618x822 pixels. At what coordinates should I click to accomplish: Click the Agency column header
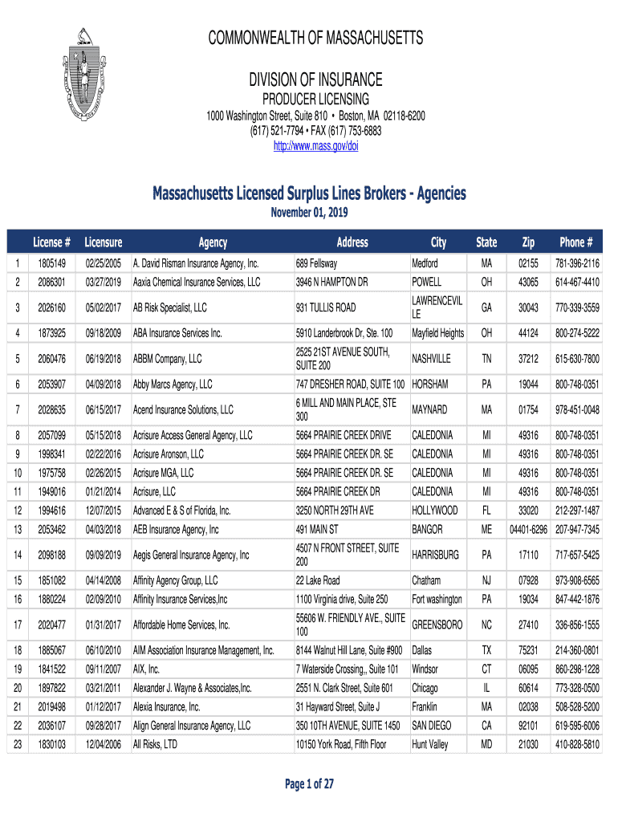coord(213,242)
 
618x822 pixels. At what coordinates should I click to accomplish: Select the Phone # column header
coord(576,242)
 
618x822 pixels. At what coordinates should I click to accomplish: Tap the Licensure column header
coord(103,242)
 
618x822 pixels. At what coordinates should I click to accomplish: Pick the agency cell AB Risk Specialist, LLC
coord(170,307)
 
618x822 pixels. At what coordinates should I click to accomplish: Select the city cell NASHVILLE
coord(432,359)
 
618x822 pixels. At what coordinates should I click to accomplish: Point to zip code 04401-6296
coord(527,530)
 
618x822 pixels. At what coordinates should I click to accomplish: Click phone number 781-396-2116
coord(576,263)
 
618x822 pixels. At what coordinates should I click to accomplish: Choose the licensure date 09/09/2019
coord(103,555)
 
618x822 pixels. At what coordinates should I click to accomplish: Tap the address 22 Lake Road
coord(318,580)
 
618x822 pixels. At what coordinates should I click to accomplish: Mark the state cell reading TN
coord(486,359)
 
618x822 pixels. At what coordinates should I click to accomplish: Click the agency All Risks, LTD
coord(155,744)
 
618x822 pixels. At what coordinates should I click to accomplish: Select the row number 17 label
coord(18,625)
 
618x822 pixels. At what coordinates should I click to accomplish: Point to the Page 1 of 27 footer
coord(309,784)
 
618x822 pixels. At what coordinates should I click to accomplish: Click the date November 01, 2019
coord(309,213)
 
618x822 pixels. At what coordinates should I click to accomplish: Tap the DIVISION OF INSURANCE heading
coord(315,80)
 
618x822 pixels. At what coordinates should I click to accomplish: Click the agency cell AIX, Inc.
coord(147,669)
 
